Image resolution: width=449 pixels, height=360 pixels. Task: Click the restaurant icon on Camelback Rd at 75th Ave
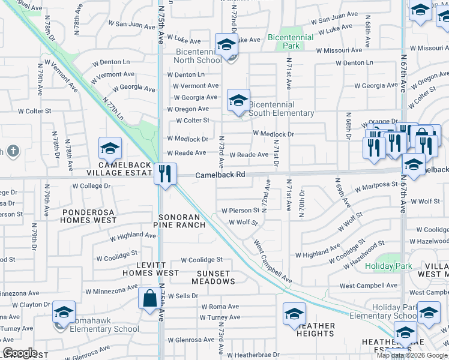coord(164,174)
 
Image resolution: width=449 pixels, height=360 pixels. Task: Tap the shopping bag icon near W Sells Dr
coord(148,298)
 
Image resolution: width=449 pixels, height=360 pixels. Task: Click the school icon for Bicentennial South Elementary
coord(238,100)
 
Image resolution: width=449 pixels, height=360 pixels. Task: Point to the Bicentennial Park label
coord(291,41)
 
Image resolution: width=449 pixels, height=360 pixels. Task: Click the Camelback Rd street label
coord(220,175)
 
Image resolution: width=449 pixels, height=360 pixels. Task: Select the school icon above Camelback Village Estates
coord(110,148)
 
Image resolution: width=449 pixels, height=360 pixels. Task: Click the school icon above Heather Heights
coord(294,314)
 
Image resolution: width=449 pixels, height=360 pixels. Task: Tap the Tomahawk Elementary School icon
coord(64,313)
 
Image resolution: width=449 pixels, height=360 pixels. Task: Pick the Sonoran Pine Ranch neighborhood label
coord(181,220)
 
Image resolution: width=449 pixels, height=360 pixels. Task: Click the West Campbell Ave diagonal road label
coord(273,263)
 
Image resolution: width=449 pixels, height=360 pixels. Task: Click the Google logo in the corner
coord(20,353)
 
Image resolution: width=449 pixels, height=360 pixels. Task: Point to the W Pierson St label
coord(240,211)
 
